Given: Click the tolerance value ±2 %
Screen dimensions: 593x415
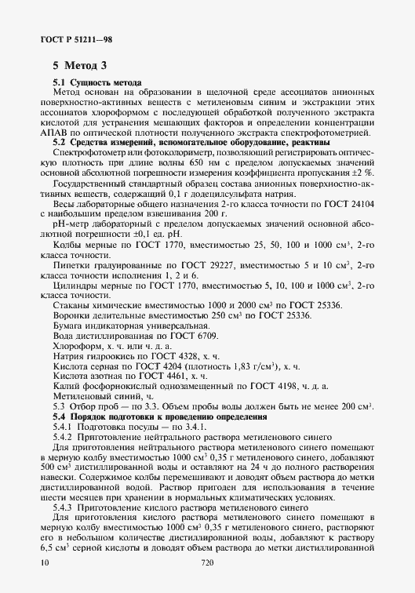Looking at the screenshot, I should click(x=363, y=170).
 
